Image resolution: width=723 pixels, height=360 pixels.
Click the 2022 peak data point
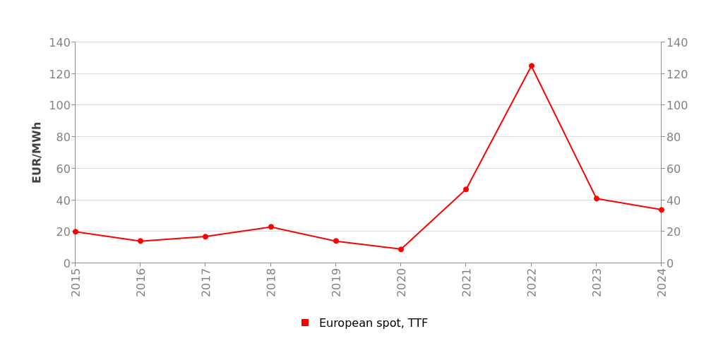532,66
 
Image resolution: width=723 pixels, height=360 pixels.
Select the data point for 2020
401,249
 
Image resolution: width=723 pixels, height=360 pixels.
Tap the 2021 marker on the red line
466,189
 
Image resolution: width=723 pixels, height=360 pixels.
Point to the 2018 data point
271,227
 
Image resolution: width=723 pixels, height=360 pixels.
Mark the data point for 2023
597,198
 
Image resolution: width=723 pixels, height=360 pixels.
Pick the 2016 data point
141,241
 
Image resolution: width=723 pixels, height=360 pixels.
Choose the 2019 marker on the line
336,241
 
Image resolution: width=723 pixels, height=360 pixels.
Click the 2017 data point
205,236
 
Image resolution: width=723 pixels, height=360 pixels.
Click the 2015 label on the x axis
76,282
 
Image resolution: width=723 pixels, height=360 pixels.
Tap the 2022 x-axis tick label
532,282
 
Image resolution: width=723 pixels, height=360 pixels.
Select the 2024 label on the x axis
662,282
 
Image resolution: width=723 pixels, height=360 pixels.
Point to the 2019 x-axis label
337,282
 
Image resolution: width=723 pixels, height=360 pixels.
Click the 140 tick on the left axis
59,42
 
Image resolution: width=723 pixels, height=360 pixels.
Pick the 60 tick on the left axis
63,169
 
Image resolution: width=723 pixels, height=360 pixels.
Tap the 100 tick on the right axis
677,105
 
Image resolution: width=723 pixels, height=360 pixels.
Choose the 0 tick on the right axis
671,263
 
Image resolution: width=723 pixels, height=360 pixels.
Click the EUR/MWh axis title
37,152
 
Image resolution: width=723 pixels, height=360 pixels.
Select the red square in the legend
305,323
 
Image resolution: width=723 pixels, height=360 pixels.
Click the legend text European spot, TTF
373,323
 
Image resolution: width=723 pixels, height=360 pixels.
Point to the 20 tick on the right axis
674,232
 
